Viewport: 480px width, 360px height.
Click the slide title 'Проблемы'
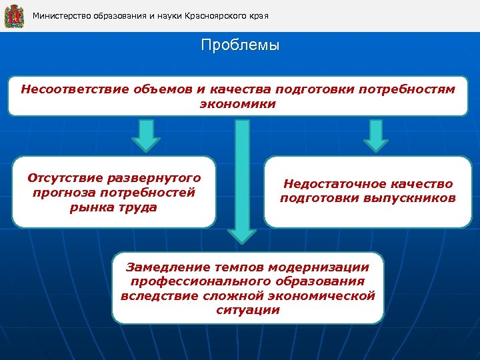pos(240,46)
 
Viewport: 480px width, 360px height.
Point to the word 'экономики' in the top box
pos(238,104)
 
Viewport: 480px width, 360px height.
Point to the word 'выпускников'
pos(415,199)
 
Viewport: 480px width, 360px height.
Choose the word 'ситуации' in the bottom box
pos(247,310)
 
